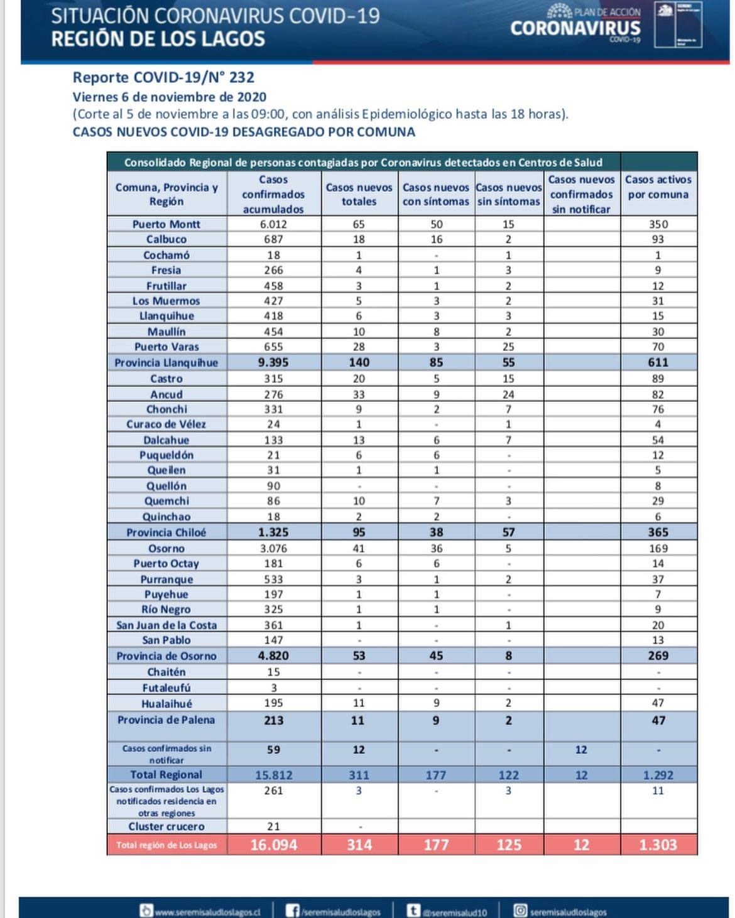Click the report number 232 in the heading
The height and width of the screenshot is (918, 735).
coord(242,77)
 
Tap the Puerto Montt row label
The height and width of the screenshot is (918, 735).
coord(166,224)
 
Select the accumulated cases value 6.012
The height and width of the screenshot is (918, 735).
coord(273,224)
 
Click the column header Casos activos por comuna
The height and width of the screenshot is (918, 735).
coord(658,187)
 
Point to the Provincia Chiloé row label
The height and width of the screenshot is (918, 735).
coord(166,532)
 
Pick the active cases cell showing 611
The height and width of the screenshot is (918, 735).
coord(658,362)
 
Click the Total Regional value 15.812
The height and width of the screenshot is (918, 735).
coord(273,775)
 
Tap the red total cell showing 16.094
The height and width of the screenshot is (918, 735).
coord(273,845)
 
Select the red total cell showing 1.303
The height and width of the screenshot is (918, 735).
coord(658,845)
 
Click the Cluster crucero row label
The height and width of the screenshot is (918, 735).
coord(166,826)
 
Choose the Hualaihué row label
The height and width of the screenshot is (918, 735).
coord(166,704)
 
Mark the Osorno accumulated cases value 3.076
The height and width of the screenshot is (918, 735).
coord(273,548)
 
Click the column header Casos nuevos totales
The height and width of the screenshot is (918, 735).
coord(359,195)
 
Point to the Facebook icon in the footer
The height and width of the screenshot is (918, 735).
coord(292,910)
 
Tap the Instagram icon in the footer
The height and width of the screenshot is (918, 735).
coord(521,910)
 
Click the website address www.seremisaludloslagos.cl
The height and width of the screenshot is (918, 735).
coord(207,912)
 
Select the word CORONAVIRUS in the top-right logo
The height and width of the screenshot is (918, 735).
coord(575,28)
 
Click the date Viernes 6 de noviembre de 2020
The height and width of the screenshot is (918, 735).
coord(170,97)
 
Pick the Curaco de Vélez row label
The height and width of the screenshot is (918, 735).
coord(166,424)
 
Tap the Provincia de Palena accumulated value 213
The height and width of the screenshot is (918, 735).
coord(273,720)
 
